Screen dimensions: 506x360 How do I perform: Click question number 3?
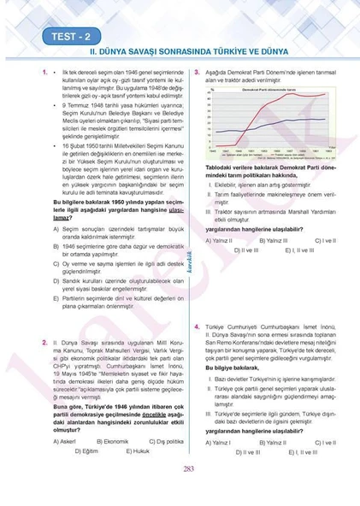click(197, 74)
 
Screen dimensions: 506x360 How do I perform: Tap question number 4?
click(197, 327)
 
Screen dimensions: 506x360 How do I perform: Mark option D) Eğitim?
click(86, 450)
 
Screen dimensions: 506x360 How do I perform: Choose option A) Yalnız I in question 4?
click(218, 443)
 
